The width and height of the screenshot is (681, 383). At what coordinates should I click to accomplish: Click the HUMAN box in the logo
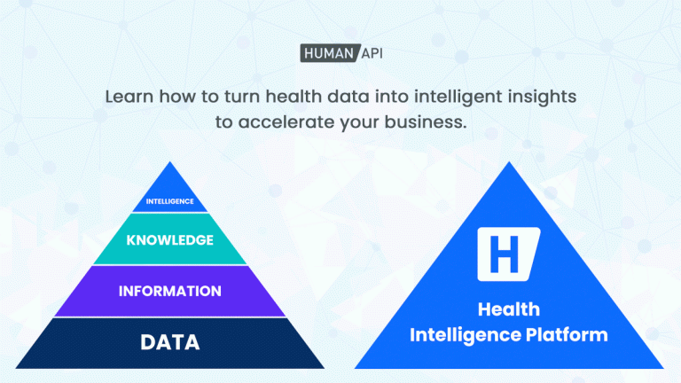(x=330, y=53)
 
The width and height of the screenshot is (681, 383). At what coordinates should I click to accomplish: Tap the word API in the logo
(x=372, y=53)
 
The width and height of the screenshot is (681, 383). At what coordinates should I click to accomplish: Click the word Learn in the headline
(x=129, y=97)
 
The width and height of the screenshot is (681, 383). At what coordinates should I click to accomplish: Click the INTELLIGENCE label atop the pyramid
(x=170, y=201)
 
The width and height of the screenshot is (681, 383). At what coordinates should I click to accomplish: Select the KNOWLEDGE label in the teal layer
(x=170, y=240)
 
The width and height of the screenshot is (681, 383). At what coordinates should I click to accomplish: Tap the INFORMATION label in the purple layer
(x=170, y=291)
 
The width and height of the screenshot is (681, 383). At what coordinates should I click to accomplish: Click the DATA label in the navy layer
(x=170, y=342)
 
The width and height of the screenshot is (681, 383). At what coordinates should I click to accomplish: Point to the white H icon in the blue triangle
(x=509, y=254)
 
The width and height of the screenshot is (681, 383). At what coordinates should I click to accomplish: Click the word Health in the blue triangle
(x=509, y=309)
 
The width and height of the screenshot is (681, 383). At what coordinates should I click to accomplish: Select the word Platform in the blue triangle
(x=567, y=335)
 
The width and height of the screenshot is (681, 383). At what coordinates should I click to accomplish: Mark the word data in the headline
(x=348, y=97)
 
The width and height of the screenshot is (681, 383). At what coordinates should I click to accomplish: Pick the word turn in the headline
(x=242, y=97)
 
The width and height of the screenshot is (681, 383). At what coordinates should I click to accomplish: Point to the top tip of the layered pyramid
(x=170, y=162)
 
